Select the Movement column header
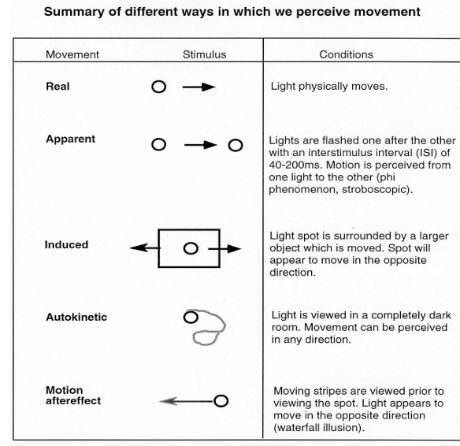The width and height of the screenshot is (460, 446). point(72,54)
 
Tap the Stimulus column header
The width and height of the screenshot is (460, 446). point(205,54)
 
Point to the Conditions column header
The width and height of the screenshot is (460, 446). point(346,54)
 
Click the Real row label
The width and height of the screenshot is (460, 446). point(57,87)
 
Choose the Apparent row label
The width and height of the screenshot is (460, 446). point(70,139)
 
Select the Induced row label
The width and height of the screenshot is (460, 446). point(66,245)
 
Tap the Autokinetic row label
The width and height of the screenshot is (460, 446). point(76,318)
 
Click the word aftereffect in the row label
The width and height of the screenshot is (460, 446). point(73,401)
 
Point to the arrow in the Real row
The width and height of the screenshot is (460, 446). point(199,87)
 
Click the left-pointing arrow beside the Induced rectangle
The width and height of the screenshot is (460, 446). point(145,248)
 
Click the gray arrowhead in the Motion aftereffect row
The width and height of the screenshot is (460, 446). point(168,401)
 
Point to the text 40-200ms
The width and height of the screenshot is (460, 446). point(295,165)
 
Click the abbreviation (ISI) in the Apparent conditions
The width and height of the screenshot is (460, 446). point(422,153)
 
